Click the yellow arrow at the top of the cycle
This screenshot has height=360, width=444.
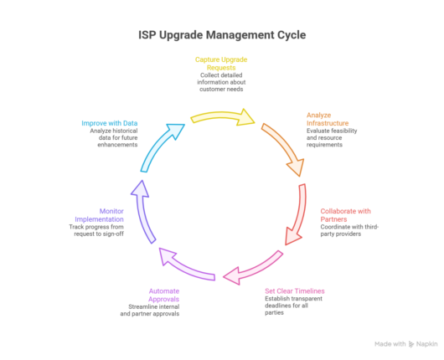coord(222,113)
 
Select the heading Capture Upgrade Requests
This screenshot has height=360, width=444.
coord(221,64)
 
